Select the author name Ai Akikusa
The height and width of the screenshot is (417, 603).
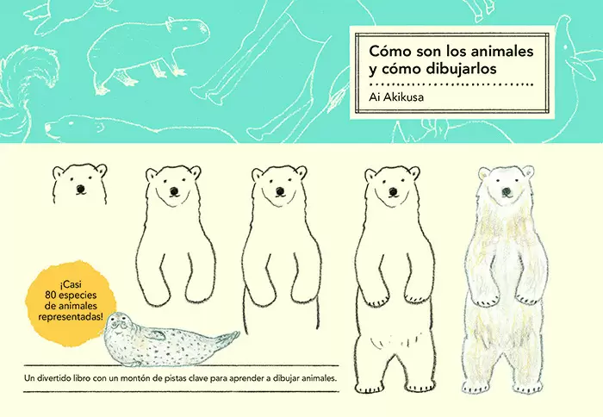[x=396, y=97]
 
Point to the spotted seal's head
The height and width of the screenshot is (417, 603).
[x=118, y=325]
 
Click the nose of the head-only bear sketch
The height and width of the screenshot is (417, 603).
[x=80, y=189]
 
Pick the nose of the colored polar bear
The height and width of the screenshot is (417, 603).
[x=507, y=191]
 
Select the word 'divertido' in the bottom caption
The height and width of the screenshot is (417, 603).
[x=53, y=378]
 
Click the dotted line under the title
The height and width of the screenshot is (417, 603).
[x=451, y=84]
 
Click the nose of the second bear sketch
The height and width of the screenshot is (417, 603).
[x=174, y=190]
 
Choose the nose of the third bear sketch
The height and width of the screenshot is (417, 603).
[x=280, y=190]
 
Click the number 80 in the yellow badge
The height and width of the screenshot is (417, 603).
[x=50, y=296]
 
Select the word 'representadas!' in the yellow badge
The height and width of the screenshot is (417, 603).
[x=71, y=317]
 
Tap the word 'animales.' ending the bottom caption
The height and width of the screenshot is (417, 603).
[x=320, y=378]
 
